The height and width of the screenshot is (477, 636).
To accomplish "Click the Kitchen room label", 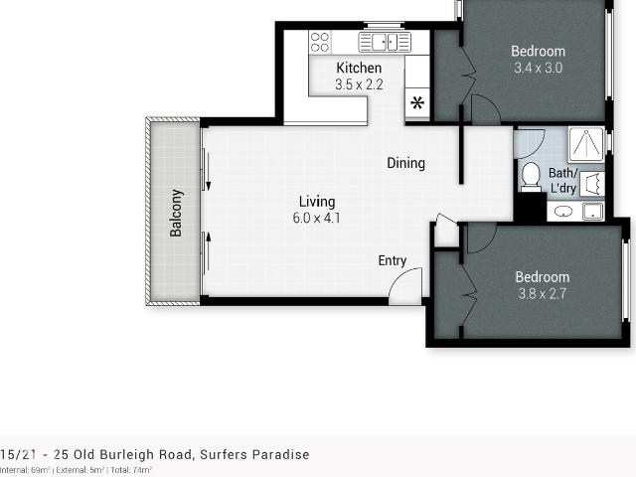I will [x=359, y=68].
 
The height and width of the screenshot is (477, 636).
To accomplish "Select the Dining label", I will [x=405, y=163].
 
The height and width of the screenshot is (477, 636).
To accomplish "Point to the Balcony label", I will [x=176, y=213].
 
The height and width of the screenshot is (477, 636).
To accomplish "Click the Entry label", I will [x=393, y=260].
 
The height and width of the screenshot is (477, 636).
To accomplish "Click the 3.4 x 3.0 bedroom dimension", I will [x=539, y=69].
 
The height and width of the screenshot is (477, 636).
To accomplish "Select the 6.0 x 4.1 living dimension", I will [x=317, y=218].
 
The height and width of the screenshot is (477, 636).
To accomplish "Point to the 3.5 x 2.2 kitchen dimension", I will [x=359, y=84].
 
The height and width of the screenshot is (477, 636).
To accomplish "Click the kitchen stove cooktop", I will [x=319, y=42].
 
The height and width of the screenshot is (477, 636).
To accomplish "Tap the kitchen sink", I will [x=385, y=42].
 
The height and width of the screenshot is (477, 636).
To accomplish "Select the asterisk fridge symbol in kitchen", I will [x=417, y=102].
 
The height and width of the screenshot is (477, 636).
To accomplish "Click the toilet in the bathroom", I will [x=530, y=176].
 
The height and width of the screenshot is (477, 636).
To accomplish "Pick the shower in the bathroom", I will [x=586, y=144].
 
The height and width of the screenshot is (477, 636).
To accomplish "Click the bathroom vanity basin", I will [x=563, y=211].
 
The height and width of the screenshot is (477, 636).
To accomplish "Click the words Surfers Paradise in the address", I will [x=260, y=455].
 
